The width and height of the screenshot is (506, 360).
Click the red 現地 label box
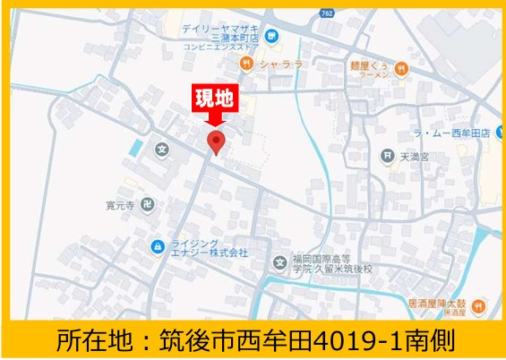pyautogui.click(x=215, y=98)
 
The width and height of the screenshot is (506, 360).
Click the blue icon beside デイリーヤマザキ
pyautogui.click(x=271, y=37)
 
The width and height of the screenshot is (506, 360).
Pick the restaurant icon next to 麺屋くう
pyautogui.click(x=402, y=66)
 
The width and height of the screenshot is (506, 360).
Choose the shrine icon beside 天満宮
pyautogui.click(x=386, y=156)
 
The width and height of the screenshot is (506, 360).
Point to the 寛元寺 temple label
pyautogui.click(x=119, y=204)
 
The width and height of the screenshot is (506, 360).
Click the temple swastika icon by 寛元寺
pyautogui.click(x=148, y=204)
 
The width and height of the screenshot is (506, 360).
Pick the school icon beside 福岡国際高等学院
pyautogui.click(x=280, y=263)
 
